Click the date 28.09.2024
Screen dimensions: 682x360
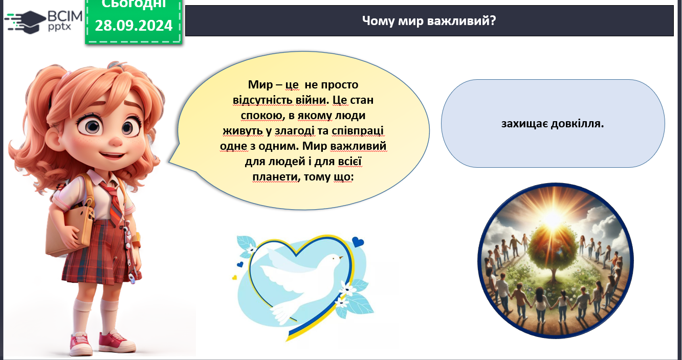click(134, 25)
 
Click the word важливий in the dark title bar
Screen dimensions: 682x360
click(461, 20)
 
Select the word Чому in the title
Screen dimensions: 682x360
click(378, 20)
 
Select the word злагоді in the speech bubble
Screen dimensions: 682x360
click(294, 131)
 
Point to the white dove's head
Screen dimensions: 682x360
click(335, 259)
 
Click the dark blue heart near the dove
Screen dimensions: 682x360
click(358, 242)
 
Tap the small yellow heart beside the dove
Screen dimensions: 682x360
click(234, 278)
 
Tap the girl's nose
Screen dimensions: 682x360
click(116, 141)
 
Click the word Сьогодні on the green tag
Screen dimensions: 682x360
click(134, 4)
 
